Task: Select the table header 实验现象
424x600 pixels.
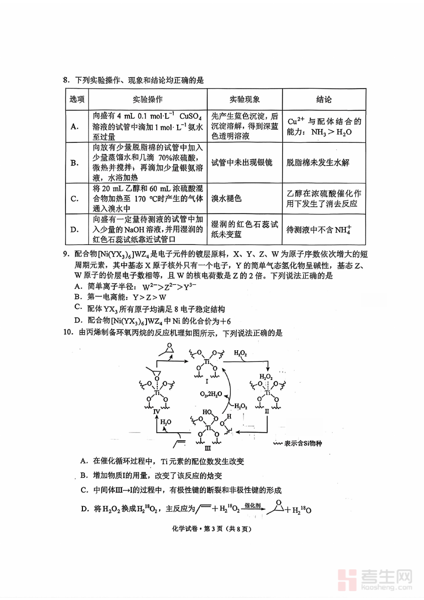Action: (x=245, y=99)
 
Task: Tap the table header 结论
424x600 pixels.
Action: (x=324, y=99)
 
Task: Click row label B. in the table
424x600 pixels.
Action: (x=74, y=163)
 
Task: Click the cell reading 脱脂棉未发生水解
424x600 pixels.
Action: (x=318, y=163)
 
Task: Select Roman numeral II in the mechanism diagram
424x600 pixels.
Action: (x=267, y=411)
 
